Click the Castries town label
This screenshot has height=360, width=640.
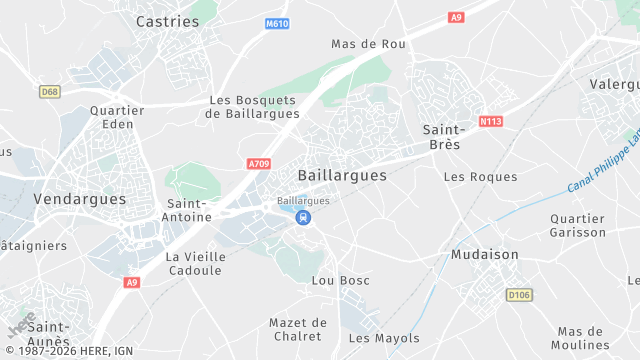coord(167,20)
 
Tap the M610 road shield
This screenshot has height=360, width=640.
coord(277,22)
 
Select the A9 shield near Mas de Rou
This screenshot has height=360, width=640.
coord(456,17)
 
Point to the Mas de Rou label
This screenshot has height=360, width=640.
coord(367,44)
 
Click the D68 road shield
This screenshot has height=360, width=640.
coord(49,91)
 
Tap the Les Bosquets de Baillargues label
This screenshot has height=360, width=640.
coord(253,107)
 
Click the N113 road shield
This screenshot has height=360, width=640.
coord(490,122)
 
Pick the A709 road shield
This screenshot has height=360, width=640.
coord(259,163)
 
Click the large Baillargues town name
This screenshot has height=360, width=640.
coord(342,175)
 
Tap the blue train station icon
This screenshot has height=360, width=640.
coord(303,217)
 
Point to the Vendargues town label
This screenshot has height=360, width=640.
coord(80,199)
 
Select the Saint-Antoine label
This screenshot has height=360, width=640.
coord(187,210)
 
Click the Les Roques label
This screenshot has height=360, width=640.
coord(480,177)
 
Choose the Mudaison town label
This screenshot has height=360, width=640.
coord(485,254)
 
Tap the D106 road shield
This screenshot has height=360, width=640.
coord(518,294)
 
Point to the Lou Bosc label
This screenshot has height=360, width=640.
coord(340,280)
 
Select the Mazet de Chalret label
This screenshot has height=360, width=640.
coord(298,329)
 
